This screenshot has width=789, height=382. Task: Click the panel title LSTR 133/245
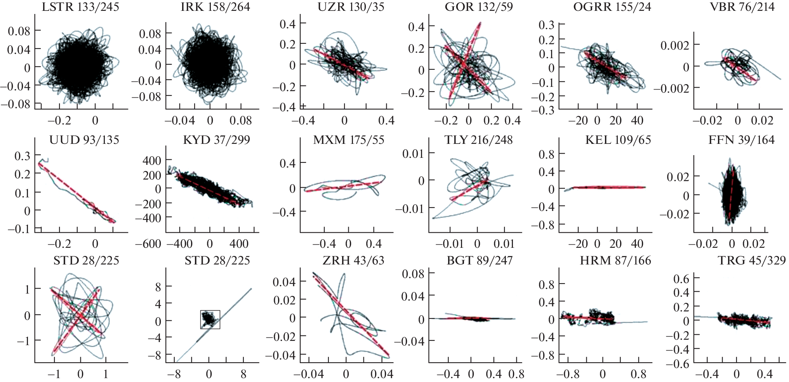[x=80, y=7]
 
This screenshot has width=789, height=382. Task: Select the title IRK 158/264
[x=215, y=7]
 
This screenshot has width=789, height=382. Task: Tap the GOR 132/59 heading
[x=478, y=7]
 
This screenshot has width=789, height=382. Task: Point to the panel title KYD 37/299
[x=216, y=140]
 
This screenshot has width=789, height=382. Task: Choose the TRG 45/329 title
[x=751, y=260]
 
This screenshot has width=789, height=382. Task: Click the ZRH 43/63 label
[x=353, y=260]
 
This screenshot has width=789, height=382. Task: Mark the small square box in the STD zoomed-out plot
[x=210, y=320]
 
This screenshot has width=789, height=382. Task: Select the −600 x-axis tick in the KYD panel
[x=148, y=244]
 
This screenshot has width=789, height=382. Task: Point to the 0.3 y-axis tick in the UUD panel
[x=22, y=156]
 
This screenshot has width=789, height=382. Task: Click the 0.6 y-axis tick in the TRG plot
[x=681, y=279]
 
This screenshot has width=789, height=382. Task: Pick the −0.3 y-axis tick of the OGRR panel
[x=546, y=111]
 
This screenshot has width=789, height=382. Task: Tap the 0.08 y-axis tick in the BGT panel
[x=413, y=274]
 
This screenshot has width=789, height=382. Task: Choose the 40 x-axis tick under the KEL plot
[x=637, y=244]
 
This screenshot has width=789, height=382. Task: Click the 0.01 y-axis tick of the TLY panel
[x=413, y=154]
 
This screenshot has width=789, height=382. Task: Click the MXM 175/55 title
[x=348, y=140]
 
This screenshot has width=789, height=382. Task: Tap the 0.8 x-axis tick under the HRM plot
[x=638, y=374]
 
